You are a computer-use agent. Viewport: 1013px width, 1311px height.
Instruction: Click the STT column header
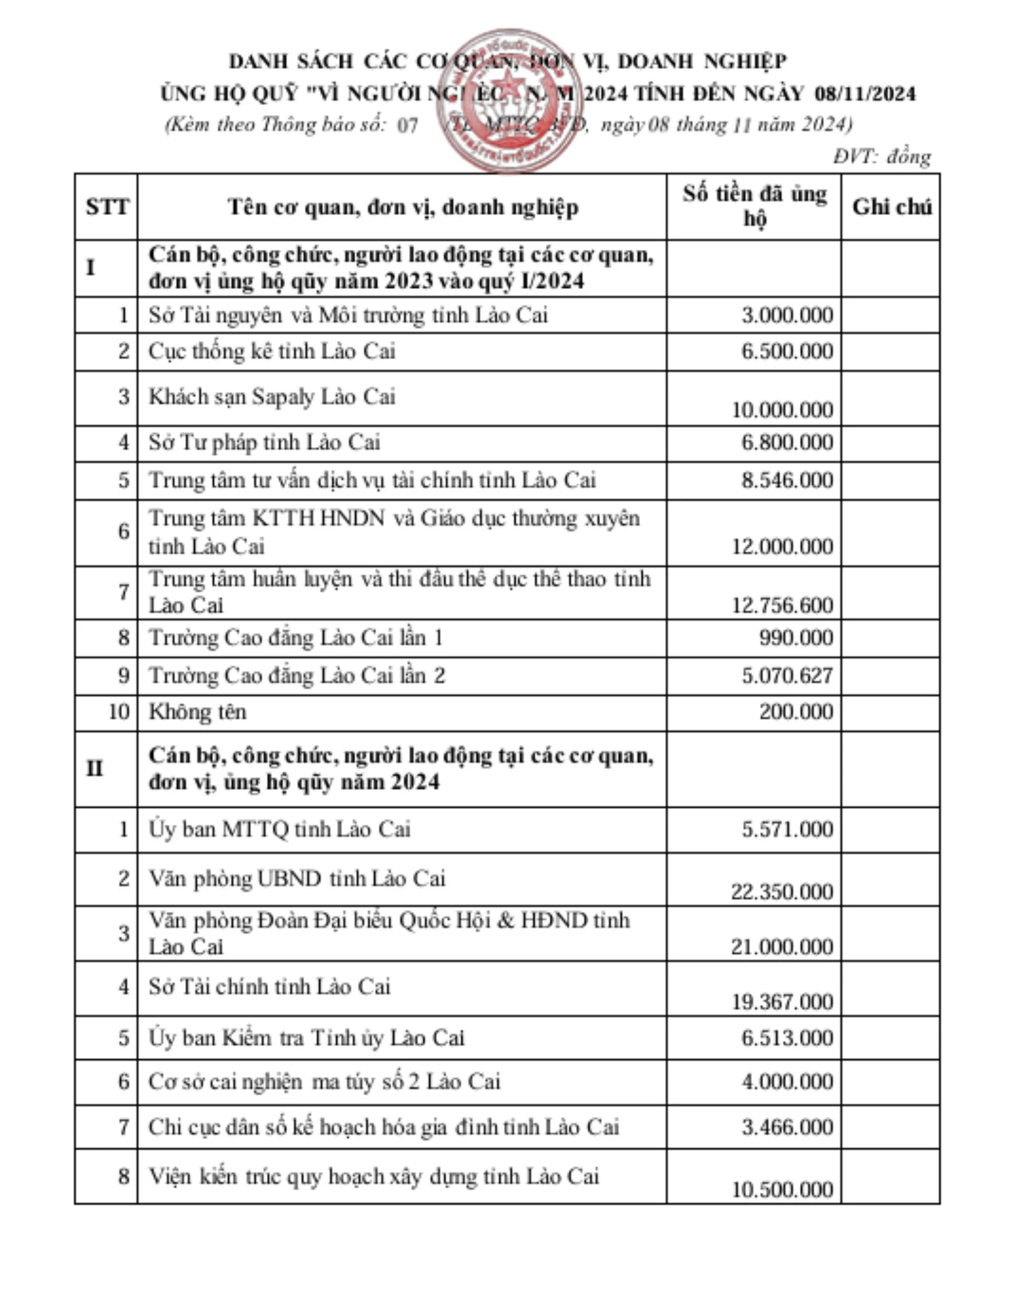click(106, 207)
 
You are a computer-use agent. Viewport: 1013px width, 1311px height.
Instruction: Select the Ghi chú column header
click(891, 207)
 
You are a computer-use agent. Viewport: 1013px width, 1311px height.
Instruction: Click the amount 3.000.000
click(787, 315)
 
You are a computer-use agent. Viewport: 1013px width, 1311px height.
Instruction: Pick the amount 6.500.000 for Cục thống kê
click(787, 351)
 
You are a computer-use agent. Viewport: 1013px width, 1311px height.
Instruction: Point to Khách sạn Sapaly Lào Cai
click(272, 397)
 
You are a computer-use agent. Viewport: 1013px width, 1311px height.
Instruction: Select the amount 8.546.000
click(787, 480)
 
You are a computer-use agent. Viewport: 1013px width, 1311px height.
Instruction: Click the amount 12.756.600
click(782, 605)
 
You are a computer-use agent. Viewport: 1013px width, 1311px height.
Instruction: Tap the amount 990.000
click(796, 638)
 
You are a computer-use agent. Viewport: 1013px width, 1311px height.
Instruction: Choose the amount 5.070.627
click(787, 676)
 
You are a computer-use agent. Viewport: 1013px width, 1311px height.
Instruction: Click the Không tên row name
click(197, 712)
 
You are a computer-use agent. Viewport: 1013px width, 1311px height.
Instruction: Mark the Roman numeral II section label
click(94, 768)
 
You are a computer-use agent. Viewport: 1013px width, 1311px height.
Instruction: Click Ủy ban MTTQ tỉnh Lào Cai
click(279, 830)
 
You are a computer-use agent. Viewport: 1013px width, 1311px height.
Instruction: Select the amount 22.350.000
click(782, 891)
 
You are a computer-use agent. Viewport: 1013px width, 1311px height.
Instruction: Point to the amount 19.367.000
click(782, 1002)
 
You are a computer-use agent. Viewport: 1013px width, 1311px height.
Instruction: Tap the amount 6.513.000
click(787, 1038)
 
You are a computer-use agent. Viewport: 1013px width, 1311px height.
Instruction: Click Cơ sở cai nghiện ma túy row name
click(324, 1082)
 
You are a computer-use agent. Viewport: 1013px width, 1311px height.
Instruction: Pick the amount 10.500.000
click(782, 1189)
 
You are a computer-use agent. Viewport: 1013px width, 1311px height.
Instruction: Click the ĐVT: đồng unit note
click(882, 157)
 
